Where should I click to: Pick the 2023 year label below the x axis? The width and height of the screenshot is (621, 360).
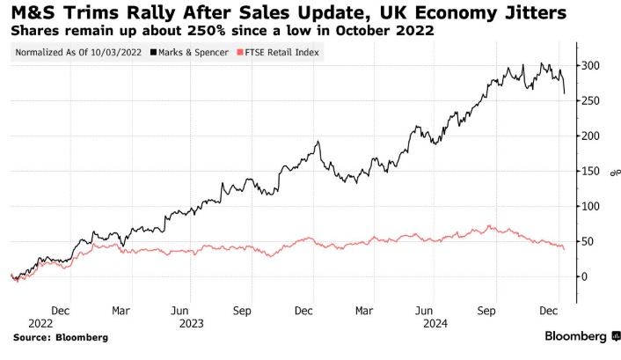click(x=191, y=323)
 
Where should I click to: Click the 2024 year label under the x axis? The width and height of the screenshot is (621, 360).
click(x=435, y=323)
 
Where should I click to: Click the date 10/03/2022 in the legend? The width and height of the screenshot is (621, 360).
click(x=119, y=53)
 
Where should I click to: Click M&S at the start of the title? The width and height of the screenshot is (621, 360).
click(x=34, y=12)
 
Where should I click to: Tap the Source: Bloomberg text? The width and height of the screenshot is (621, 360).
click(x=61, y=337)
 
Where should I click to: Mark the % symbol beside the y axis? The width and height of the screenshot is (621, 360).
click(x=613, y=171)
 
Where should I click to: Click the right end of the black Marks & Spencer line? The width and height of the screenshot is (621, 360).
click(x=564, y=92)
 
